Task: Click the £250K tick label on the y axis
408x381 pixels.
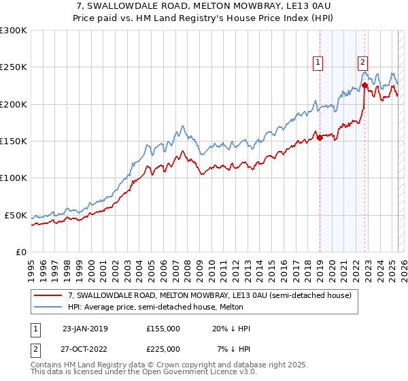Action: point(14,67)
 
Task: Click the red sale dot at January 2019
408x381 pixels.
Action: point(320,137)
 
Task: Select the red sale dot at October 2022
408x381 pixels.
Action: point(365,86)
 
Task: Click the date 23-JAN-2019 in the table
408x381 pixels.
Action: point(84,329)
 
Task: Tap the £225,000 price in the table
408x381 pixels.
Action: point(163,349)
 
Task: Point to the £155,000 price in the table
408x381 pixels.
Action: point(163,329)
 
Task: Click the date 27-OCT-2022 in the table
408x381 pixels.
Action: point(85,349)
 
